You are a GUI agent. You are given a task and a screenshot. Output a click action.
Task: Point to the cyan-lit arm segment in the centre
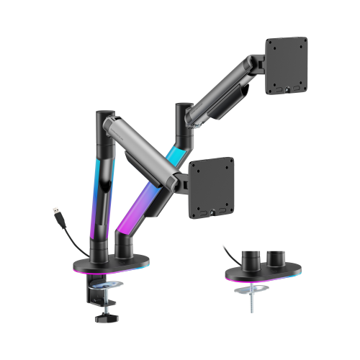(174, 154)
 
